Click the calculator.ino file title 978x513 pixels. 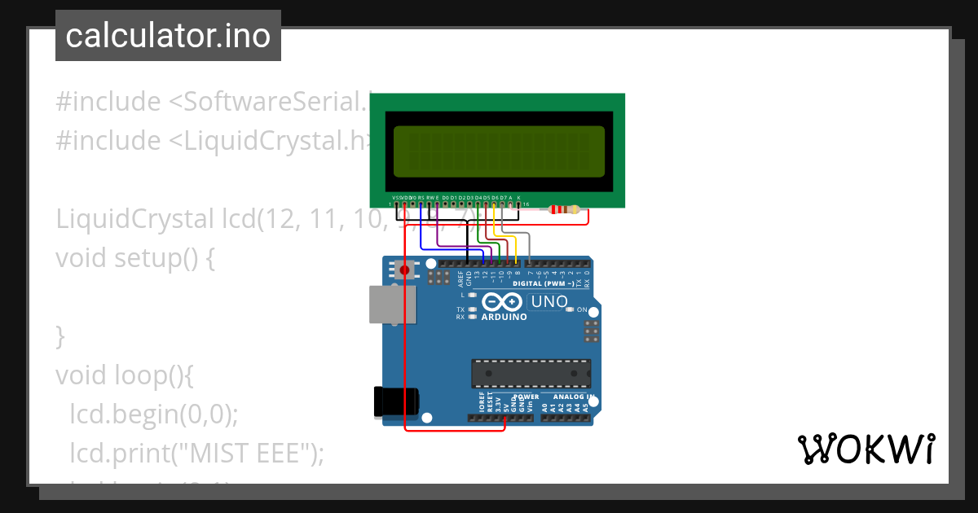168,36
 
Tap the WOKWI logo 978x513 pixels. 865,449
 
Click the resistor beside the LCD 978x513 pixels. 565,209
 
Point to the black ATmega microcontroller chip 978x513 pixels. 531,373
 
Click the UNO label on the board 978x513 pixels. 549,302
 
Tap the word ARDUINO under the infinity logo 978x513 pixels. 504,317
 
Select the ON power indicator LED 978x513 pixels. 570,310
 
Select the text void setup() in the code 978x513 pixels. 134,258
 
